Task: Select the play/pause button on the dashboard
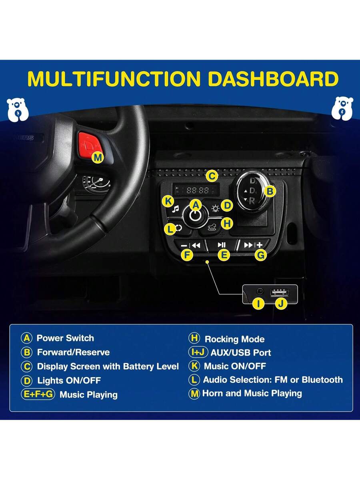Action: tap(222, 245)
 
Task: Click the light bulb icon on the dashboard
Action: tap(215, 208)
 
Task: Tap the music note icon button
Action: tap(175, 209)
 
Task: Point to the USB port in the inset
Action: tap(279, 292)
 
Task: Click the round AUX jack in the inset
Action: tap(260, 291)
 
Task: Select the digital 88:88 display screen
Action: tap(196, 190)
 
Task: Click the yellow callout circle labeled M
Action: tap(98, 157)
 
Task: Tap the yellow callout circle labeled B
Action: tap(270, 191)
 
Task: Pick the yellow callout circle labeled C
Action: tap(212, 176)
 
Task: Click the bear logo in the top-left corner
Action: tap(18, 110)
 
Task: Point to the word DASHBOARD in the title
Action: tap(273, 78)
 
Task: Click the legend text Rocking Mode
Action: tap(234, 339)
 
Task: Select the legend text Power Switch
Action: tap(65, 338)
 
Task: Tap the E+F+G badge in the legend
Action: tap(38, 394)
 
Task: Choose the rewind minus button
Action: tap(190, 245)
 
